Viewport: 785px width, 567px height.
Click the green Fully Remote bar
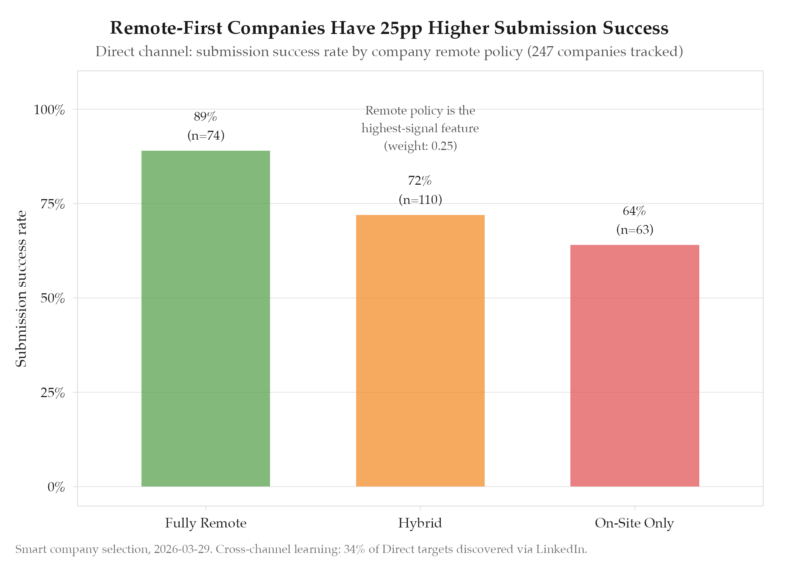[x=205, y=318]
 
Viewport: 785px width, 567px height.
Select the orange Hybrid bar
[x=420, y=351]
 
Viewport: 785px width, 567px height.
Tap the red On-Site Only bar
[x=634, y=365]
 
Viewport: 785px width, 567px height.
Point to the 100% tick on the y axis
[x=50, y=110]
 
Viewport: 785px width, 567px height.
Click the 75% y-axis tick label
[x=53, y=204]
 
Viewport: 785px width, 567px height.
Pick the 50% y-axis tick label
[x=53, y=298]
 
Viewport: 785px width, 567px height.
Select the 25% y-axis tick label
[x=53, y=393]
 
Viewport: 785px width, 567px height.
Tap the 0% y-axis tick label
[x=56, y=487]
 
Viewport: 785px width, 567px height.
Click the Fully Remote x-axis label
[x=205, y=523]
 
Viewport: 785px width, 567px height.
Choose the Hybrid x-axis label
[x=420, y=523]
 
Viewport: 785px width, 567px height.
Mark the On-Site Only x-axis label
[x=634, y=523]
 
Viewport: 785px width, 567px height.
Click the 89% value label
[x=205, y=117]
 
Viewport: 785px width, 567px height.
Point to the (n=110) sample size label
[x=420, y=200]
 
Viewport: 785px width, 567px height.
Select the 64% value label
[x=634, y=211]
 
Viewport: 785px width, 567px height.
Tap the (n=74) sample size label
[x=206, y=136]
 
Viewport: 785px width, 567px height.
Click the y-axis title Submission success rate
[x=21, y=288]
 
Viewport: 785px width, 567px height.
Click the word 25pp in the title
[x=401, y=28]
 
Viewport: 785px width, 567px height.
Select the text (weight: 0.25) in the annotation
[x=420, y=146]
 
